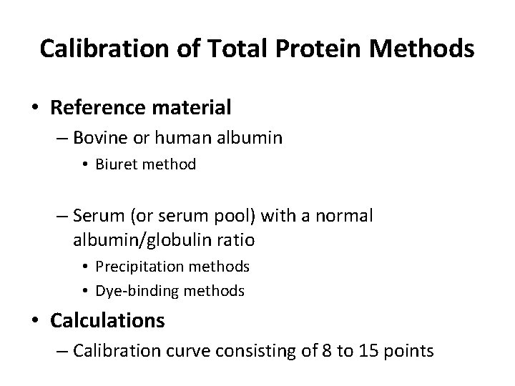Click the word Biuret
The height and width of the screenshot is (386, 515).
click(117, 164)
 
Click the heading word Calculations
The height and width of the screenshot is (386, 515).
click(107, 320)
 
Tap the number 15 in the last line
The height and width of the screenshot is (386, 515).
click(371, 351)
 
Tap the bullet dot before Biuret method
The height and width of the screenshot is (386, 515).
click(85, 165)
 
